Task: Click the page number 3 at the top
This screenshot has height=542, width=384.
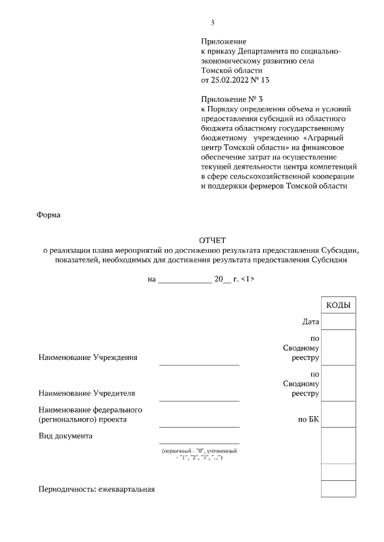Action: click(212, 23)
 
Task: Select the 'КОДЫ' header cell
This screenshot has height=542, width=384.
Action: click(338, 305)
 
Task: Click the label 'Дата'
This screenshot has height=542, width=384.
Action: click(310, 322)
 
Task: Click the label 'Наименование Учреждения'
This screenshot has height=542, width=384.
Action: click(88, 358)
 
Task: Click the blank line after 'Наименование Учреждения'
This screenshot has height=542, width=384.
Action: click(199, 364)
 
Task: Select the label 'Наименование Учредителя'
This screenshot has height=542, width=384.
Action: click(86, 393)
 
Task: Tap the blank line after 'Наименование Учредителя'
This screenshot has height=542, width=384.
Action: click(199, 399)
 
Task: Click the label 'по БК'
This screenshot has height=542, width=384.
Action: click(308, 420)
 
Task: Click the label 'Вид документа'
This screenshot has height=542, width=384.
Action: click(65, 435)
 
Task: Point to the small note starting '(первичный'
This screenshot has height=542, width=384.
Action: click(199, 453)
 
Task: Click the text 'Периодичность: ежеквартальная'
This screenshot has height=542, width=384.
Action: click(97, 489)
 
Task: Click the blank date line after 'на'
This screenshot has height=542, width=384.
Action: click(184, 280)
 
